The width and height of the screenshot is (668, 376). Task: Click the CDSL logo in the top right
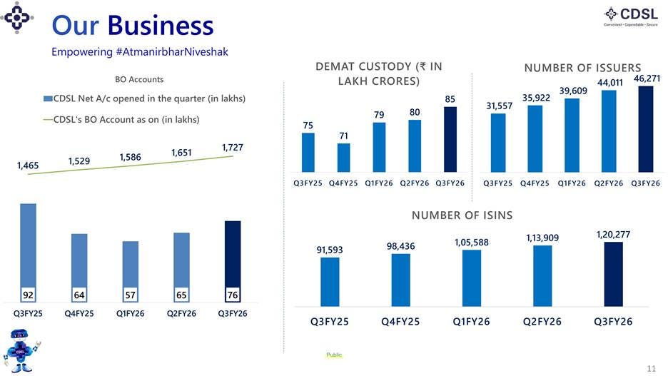click(x=631, y=16)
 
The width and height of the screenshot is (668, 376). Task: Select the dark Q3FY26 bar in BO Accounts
click(x=233, y=261)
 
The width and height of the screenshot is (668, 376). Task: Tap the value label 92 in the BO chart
click(x=28, y=295)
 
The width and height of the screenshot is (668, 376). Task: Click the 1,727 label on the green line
click(x=233, y=148)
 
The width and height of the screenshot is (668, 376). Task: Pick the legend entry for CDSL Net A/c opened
click(x=144, y=98)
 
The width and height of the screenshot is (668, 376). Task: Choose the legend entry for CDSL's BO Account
click(x=121, y=120)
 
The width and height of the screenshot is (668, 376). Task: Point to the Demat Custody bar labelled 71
click(x=344, y=158)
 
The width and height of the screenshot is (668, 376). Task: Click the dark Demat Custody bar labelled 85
click(x=450, y=139)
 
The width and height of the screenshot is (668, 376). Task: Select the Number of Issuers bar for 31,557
click(x=498, y=143)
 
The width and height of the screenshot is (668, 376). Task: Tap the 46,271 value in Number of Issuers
click(x=647, y=78)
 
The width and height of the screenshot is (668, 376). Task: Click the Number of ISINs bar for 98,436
click(x=401, y=280)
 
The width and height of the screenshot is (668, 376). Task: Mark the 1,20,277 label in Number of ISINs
click(x=613, y=234)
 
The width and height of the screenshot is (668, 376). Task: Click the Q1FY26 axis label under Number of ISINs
click(x=471, y=322)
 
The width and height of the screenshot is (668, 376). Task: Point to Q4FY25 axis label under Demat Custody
click(x=343, y=183)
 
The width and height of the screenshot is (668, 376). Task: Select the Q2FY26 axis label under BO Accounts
click(x=181, y=313)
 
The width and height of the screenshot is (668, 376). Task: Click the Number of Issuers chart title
click(x=583, y=68)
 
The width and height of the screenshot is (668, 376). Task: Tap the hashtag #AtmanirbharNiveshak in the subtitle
click(x=172, y=52)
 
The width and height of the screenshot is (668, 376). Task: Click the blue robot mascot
click(x=21, y=351)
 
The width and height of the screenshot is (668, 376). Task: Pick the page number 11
click(x=652, y=368)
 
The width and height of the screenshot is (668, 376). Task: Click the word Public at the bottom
click(x=334, y=355)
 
